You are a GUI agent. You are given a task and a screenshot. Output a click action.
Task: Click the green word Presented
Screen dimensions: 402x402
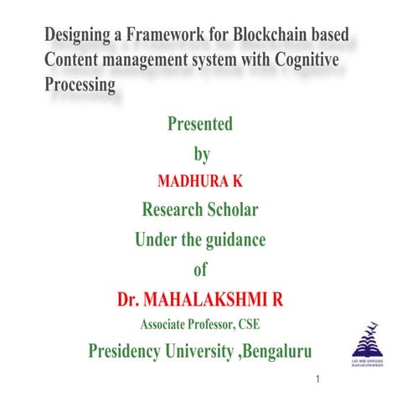coord(200,126)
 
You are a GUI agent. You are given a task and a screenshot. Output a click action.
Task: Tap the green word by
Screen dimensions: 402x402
coord(200,154)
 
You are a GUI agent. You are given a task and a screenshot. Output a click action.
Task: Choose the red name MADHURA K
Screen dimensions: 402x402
coord(200,181)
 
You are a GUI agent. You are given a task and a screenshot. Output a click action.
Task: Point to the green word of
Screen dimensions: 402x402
coord(200,270)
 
